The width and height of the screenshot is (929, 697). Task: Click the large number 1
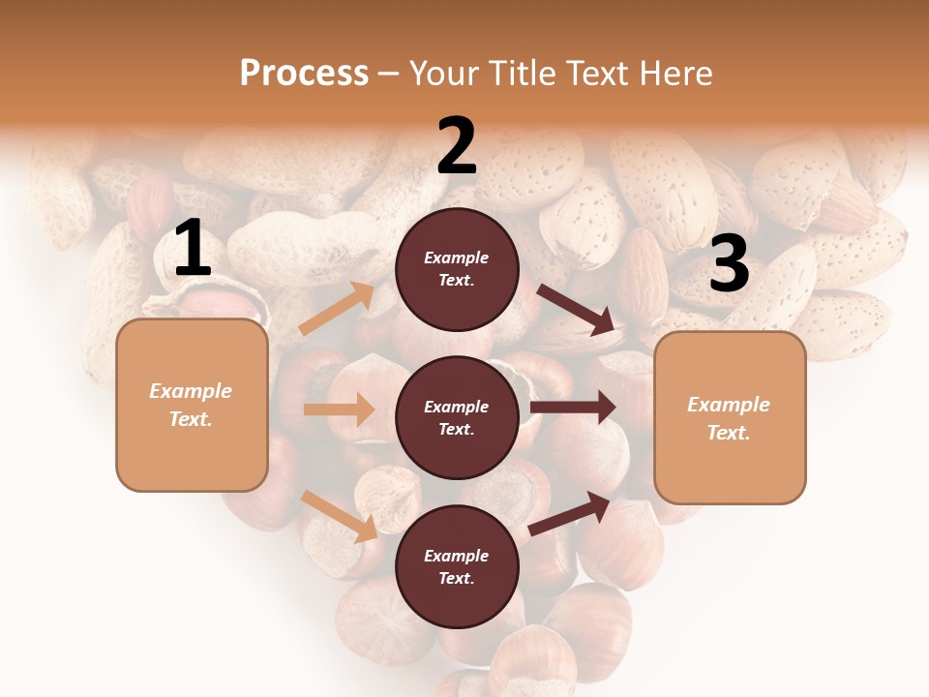click(193, 249)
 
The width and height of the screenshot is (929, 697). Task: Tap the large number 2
click(457, 146)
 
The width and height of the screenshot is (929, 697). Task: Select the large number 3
click(729, 264)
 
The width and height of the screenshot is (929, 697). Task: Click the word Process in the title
click(304, 73)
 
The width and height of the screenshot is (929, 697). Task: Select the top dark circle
click(457, 269)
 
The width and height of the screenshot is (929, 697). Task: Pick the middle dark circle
click(457, 417)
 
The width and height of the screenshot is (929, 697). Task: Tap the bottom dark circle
click(457, 566)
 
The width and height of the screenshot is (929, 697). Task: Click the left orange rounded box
click(192, 405)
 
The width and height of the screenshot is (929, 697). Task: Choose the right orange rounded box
click(730, 417)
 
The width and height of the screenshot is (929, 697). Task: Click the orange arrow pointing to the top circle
click(337, 309)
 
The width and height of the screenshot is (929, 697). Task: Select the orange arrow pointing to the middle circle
click(339, 409)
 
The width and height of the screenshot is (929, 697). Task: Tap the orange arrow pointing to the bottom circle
click(340, 516)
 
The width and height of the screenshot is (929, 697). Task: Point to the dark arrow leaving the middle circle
click(573, 408)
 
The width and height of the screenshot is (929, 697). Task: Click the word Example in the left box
click(191, 391)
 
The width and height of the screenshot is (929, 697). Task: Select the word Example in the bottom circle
click(456, 556)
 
